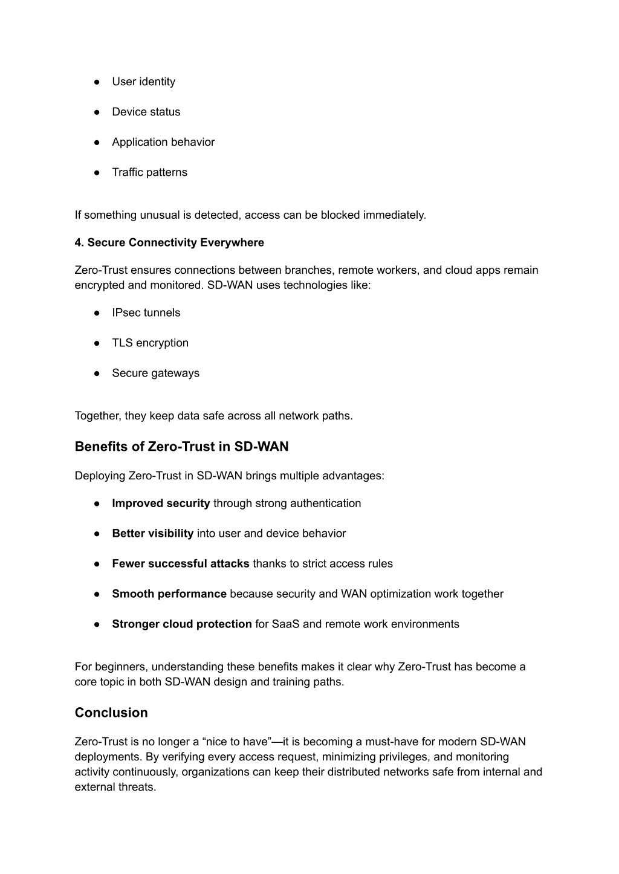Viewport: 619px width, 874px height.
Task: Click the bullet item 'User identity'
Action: click(x=143, y=82)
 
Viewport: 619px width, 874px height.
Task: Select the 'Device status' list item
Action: click(x=146, y=112)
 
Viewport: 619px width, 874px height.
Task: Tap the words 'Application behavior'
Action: click(x=163, y=142)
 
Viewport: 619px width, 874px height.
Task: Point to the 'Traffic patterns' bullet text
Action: click(x=149, y=172)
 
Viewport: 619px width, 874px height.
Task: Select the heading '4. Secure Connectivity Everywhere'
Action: click(x=169, y=242)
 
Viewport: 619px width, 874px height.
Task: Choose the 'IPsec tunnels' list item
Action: click(x=146, y=312)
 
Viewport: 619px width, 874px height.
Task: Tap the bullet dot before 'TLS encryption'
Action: click(x=97, y=343)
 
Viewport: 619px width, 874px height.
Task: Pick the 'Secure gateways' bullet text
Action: click(x=155, y=373)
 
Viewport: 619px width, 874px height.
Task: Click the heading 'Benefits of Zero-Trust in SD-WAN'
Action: click(x=181, y=447)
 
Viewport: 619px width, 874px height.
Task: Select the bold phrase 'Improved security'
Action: click(x=161, y=503)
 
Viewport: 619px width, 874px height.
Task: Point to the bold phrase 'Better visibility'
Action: click(x=152, y=534)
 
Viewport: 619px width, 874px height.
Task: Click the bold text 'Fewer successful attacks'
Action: click(x=180, y=564)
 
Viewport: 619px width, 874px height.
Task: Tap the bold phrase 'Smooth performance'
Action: click(x=169, y=594)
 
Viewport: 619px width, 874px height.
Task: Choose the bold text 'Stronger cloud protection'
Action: click(x=181, y=624)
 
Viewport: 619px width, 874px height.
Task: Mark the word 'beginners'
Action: click(x=125, y=667)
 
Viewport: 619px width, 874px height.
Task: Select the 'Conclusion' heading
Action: click(x=111, y=713)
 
